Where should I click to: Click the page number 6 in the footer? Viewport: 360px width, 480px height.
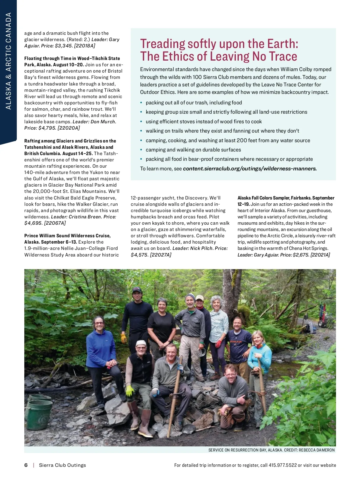(x=26, y=465)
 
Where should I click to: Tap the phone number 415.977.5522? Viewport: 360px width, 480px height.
(x=283, y=465)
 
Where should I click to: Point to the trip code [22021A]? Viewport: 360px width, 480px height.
(x=320, y=255)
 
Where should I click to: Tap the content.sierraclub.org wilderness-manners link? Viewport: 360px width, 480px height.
(x=250, y=169)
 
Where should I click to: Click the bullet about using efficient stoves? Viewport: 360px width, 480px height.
(x=204, y=121)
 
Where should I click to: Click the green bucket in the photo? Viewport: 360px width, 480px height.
(x=40, y=410)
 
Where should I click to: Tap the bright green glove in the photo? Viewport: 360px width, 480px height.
(x=130, y=391)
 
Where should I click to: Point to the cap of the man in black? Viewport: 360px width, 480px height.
(x=137, y=290)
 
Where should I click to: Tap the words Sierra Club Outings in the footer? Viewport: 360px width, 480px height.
(x=62, y=465)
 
